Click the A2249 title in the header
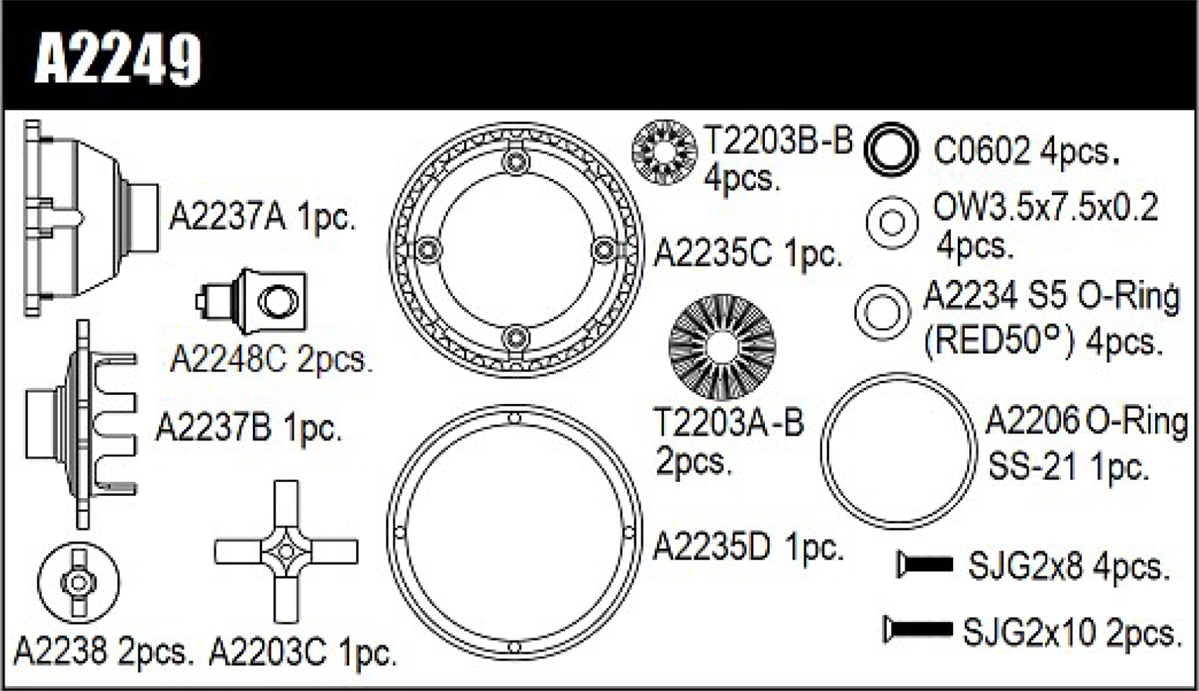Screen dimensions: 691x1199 coord(118,59)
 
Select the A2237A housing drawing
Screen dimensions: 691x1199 coord(90,218)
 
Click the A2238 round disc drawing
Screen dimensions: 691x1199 coord(79,582)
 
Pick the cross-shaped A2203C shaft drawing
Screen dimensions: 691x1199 coord(286,551)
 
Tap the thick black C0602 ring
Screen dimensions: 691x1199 coord(891,150)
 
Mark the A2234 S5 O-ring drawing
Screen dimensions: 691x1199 coord(883,313)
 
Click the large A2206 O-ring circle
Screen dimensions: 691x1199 coord(898,450)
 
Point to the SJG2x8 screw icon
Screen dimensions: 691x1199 coord(925,564)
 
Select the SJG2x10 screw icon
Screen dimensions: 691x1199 coord(918,629)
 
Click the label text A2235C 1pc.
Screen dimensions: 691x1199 coord(747,254)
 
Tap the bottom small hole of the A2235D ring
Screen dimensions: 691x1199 coord(514,647)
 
